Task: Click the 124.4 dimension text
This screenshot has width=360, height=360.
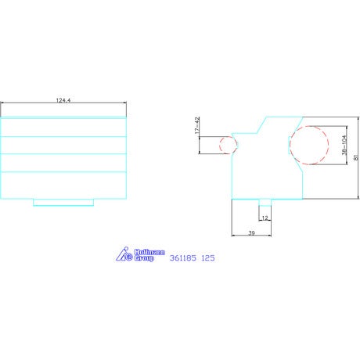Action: [63, 100]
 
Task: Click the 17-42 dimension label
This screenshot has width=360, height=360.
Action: [197, 125]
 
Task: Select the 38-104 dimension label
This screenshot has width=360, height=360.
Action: [344, 145]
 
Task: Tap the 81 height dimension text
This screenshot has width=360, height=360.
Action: [356, 157]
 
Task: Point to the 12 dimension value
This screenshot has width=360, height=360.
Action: [265, 218]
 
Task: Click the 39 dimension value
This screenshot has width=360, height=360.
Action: [251, 232]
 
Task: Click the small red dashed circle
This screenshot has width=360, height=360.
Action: [229, 145]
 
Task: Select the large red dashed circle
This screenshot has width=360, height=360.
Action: [309, 146]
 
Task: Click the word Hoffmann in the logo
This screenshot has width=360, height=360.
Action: [149, 252]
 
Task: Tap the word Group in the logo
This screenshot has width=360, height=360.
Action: [144, 258]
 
